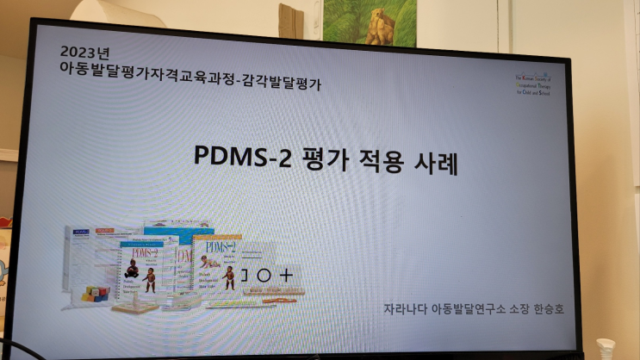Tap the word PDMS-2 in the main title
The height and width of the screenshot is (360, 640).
[227, 160]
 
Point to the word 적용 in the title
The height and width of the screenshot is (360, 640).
[369, 161]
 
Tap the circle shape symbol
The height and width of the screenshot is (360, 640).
[264, 276]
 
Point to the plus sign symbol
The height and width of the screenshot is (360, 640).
[286, 276]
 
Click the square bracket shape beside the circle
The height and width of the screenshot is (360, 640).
[244, 276]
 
